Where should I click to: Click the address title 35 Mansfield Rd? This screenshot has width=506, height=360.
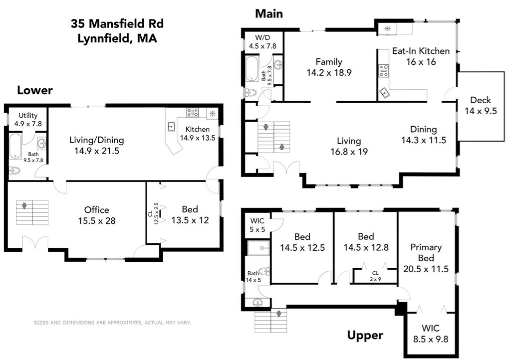[x=117, y=23]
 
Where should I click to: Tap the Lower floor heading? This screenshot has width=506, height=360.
[x=35, y=90]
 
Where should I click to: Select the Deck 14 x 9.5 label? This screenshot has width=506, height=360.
[x=481, y=105]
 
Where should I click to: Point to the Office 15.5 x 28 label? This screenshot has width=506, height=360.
[x=96, y=215]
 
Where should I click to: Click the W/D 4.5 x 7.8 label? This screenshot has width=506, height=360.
[x=262, y=41]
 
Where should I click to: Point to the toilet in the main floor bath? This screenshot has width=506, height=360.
[x=250, y=93]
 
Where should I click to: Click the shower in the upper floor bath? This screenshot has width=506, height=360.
[x=258, y=247]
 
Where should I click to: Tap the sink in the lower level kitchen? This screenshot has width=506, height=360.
[x=171, y=127]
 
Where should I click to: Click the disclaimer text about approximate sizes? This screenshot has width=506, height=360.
[x=112, y=323]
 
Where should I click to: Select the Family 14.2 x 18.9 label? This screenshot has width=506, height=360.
[x=329, y=67]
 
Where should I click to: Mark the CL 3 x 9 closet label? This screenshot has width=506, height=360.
[x=375, y=276]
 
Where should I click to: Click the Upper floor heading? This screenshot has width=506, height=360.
[x=365, y=335]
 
